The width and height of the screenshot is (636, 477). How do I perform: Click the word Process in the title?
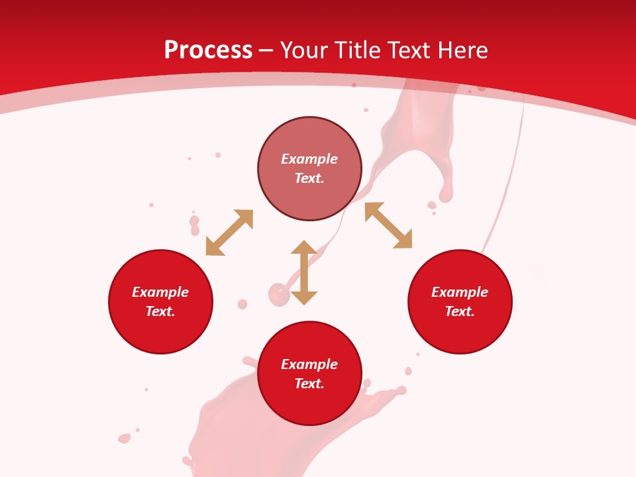pyautogui.click(x=208, y=50)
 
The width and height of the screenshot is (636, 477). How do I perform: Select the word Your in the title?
pyautogui.click(x=305, y=50)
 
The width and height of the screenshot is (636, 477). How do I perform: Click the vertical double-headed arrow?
pyautogui.click(x=304, y=272)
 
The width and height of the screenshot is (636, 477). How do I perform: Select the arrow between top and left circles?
pyautogui.click(x=229, y=233)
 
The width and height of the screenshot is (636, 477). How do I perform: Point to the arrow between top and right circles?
pyautogui.click(x=388, y=225)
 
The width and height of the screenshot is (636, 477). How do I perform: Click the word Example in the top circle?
pyautogui.click(x=309, y=159)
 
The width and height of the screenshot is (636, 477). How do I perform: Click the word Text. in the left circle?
pyautogui.click(x=160, y=311)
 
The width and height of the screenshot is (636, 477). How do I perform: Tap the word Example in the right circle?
pyautogui.click(x=460, y=292)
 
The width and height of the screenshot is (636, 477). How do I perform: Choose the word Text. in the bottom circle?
pyautogui.click(x=309, y=384)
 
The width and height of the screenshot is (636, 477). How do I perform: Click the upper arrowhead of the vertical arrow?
pyautogui.click(x=304, y=248)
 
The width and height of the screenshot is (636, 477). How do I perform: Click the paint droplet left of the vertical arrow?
pyautogui.click(x=278, y=292)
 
